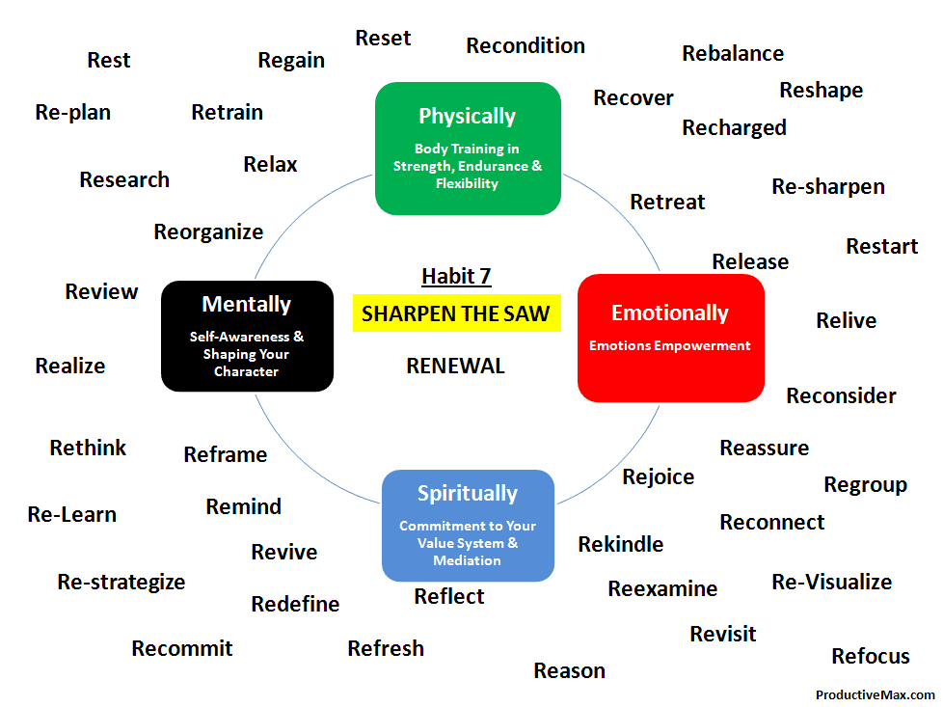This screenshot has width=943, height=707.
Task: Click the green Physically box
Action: pyautogui.click(x=468, y=149)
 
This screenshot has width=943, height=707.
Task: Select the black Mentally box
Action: pyautogui.click(x=247, y=336)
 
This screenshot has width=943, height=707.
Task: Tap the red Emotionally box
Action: pyautogui.click(x=670, y=339)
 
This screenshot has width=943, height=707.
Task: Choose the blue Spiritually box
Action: pyautogui.click(x=468, y=526)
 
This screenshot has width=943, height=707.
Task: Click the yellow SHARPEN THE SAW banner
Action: pyautogui.click(x=456, y=313)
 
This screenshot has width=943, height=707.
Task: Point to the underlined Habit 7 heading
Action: pyautogui.click(x=456, y=276)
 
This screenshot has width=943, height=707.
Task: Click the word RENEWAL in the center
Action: pyautogui.click(x=456, y=366)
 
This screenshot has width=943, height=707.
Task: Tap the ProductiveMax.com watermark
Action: pyautogui.click(x=876, y=695)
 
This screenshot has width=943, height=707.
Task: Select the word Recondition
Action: pyautogui.click(x=525, y=45)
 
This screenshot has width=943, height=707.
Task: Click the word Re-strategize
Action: pyautogui.click(x=121, y=582)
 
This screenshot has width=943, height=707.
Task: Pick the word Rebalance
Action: pyautogui.click(x=733, y=54)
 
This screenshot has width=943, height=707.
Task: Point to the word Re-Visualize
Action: pyautogui.click(x=832, y=582)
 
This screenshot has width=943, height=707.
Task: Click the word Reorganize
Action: pyautogui.click(x=208, y=232)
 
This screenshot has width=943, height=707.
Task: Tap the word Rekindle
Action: pyautogui.click(x=621, y=544)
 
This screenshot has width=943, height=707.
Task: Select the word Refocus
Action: pyautogui.click(x=871, y=656)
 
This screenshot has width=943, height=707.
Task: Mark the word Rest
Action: pyautogui.click(x=109, y=60)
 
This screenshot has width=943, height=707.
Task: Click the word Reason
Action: pyautogui.click(x=570, y=670)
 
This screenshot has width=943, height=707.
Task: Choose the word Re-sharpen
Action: pyautogui.click(x=828, y=187)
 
